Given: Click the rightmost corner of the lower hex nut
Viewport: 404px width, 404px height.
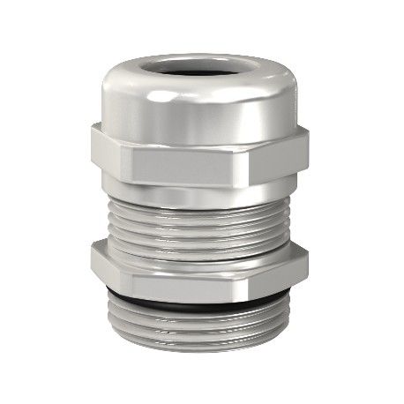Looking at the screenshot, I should point(310,265).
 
